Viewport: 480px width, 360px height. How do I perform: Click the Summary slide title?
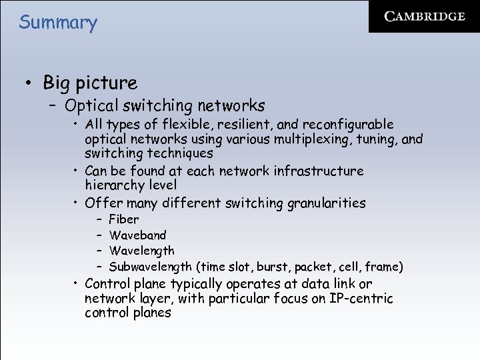(x=58, y=22)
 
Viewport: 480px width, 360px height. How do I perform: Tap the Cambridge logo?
(x=425, y=17)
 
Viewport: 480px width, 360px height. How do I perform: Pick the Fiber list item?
(x=124, y=219)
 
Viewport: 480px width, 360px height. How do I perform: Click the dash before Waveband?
(x=97, y=235)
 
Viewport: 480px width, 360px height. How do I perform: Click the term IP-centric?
(x=361, y=298)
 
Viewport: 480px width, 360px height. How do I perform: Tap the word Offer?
(x=103, y=203)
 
